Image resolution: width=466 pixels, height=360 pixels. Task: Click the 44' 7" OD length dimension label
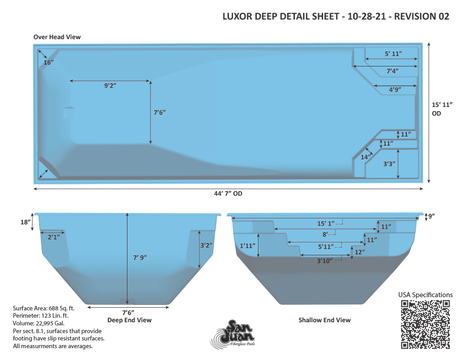[x=228, y=193]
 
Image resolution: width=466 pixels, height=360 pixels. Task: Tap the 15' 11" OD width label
[x=442, y=109]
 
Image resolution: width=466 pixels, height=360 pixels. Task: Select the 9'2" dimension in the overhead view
[x=110, y=86]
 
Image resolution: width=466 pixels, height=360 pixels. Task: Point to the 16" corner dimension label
[x=48, y=62]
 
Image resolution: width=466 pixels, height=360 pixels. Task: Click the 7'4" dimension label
[x=392, y=71]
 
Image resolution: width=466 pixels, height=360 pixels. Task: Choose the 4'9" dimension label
[x=395, y=90]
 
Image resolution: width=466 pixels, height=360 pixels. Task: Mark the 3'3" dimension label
[x=389, y=164]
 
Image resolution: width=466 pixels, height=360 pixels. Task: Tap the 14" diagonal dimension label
[x=366, y=157]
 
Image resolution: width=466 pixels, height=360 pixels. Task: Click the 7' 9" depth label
[x=140, y=258]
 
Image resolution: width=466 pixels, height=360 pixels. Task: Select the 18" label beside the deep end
[x=25, y=222]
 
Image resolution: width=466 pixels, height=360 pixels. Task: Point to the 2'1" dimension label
[x=54, y=237]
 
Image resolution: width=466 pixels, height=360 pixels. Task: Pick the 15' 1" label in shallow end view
[x=326, y=223]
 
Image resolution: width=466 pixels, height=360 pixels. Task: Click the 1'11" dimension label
[x=248, y=246]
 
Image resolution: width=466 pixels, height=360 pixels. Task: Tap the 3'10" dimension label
[x=324, y=261]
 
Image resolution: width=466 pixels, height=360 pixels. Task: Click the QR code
[x=425, y=325]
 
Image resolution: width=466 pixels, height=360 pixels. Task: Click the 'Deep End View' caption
[x=129, y=320]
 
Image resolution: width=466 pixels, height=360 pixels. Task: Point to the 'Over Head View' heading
[x=57, y=37]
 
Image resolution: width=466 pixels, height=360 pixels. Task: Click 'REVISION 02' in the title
[x=421, y=16]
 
